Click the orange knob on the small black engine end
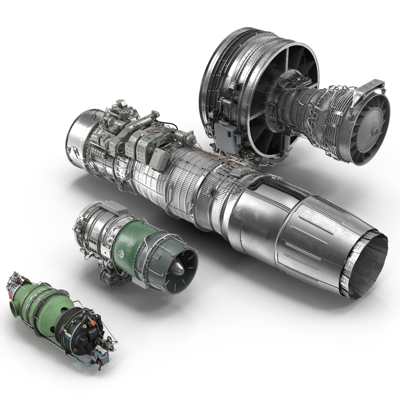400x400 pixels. coord(93,323)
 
